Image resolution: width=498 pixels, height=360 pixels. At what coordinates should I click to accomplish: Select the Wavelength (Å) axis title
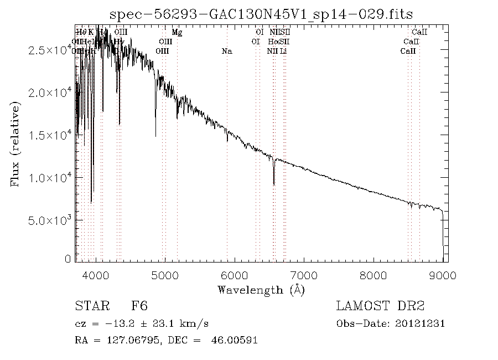pyautogui.click(x=261, y=289)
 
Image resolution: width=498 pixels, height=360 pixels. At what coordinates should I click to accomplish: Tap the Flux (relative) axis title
pyautogui.click(x=15, y=143)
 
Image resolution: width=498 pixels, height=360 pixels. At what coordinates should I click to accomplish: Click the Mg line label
pyautogui.click(x=177, y=32)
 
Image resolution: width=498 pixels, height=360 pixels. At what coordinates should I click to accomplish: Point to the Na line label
pyautogui.click(x=226, y=51)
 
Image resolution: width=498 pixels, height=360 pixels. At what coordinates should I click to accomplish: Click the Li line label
pyautogui.click(x=283, y=51)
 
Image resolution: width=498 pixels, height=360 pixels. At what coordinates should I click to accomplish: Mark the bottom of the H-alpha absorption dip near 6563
pyautogui.click(x=274, y=184)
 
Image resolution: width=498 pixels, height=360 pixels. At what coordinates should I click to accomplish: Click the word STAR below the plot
pyautogui.click(x=90, y=306)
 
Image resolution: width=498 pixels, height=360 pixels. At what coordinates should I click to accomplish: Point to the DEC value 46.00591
pyautogui.click(x=234, y=340)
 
